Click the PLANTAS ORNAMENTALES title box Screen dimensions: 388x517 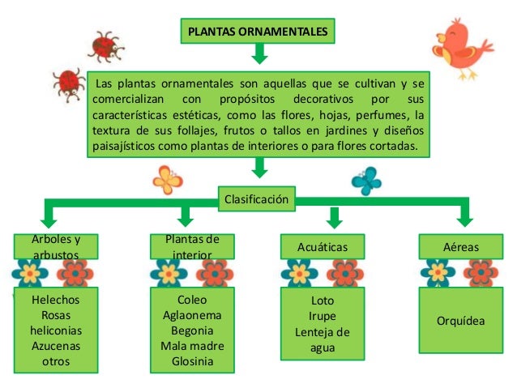click(258, 32)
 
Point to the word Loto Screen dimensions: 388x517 click(323, 301)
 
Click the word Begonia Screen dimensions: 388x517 click(192, 330)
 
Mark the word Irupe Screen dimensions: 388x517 click(323, 316)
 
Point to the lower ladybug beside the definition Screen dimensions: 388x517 click(66, 82)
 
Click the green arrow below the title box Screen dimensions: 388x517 click(259, 53)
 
